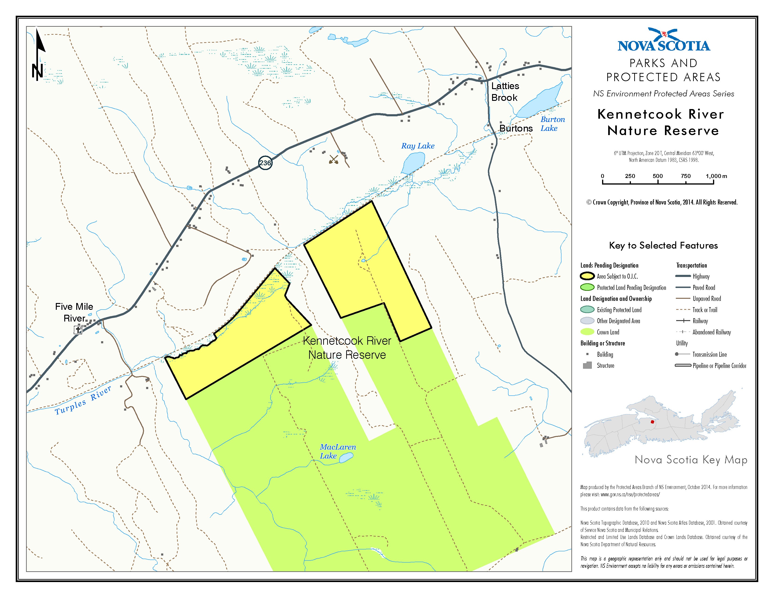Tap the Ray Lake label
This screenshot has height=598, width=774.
(417, 146)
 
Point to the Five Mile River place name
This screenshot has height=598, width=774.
(74, 312)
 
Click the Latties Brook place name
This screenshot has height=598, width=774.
(505, 91)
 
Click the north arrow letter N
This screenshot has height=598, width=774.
(37, 71)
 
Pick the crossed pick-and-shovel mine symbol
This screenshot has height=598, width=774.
(334, 159)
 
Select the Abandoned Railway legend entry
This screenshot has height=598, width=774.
(711, 332)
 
